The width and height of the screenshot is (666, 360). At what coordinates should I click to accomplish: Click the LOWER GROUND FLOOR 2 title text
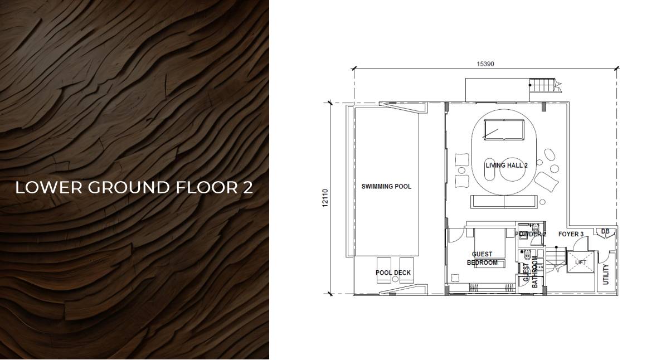pyautogui.click(x=134, y=187)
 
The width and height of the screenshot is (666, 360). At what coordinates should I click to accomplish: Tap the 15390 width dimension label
pyautogui.click(x=485, y=64)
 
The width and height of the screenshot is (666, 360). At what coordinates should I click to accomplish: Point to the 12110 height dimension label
pyautogui.click(x=325, y=198)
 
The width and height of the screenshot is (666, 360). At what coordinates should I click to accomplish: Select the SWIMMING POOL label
pyautogui.click(x=386, y=186)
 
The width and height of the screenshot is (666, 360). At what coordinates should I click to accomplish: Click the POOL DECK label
pyautogui.click(x=393, y=273)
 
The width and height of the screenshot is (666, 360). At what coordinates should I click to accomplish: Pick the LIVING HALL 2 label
pyautogui.click(x=507, y=165)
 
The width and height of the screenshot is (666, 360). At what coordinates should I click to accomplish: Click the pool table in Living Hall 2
pyautogui.click(x=504, y=129)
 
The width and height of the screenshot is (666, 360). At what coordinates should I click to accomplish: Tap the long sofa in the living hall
pyautogui.click(x=504, y=202)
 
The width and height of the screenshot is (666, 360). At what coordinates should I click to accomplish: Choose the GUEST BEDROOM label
pyautogui.click(x=482, y=258)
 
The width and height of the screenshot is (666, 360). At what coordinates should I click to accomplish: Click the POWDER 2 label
pyautogui.click(x=531, y=234)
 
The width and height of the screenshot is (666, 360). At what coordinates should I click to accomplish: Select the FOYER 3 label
pyautogui.click(x=571, y=234)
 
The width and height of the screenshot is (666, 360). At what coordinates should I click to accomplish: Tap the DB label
pyautogui.click(x=605, y=231)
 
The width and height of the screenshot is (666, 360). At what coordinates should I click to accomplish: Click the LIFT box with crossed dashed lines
pyautogui.click(x=581, y=262)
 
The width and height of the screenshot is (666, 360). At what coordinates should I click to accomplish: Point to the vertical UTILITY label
pyautogui.click(x=606, y=274)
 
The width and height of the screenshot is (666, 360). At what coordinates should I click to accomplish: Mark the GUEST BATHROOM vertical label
pyautogui.click(x=531, y=272)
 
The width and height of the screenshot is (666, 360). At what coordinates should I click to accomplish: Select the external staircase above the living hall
pyautogui.click(x=544, y=85)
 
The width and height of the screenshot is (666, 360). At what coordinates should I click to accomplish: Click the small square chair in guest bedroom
pyautogui.click(x=455, y=278)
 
